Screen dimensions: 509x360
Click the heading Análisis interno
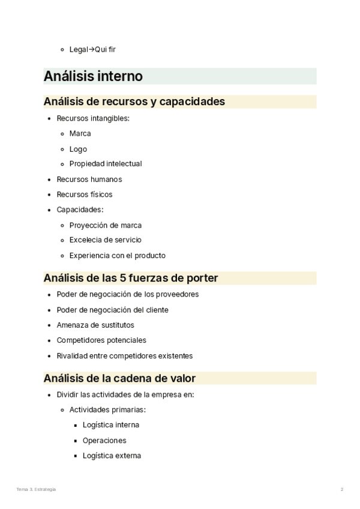point(93,76)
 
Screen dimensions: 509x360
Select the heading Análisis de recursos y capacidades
point(134,101)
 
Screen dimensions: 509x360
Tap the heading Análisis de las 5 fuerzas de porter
point(131,278)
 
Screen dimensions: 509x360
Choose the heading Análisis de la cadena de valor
point(119,378)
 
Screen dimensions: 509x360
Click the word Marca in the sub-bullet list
point(80,133)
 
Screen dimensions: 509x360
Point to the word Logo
point(78,149)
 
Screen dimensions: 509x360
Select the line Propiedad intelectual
point(106,164)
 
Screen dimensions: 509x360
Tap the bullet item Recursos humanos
point(89,179)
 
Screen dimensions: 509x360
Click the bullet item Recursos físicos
point(85,194)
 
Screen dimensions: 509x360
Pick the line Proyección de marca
point(106,225)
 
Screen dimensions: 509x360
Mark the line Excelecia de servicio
point(105,240)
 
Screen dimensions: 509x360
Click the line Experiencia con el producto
point(117,255)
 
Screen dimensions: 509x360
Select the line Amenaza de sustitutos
point(95,325)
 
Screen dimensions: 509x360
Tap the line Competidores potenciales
point(101,340)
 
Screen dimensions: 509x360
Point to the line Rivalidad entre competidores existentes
point(125,355)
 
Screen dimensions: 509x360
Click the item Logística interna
point(111,425)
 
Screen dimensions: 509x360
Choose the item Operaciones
point(104,440)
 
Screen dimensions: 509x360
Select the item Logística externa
point(112,456)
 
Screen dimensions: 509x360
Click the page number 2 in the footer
point(342,489)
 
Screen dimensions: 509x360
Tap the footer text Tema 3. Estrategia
point(37,489)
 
